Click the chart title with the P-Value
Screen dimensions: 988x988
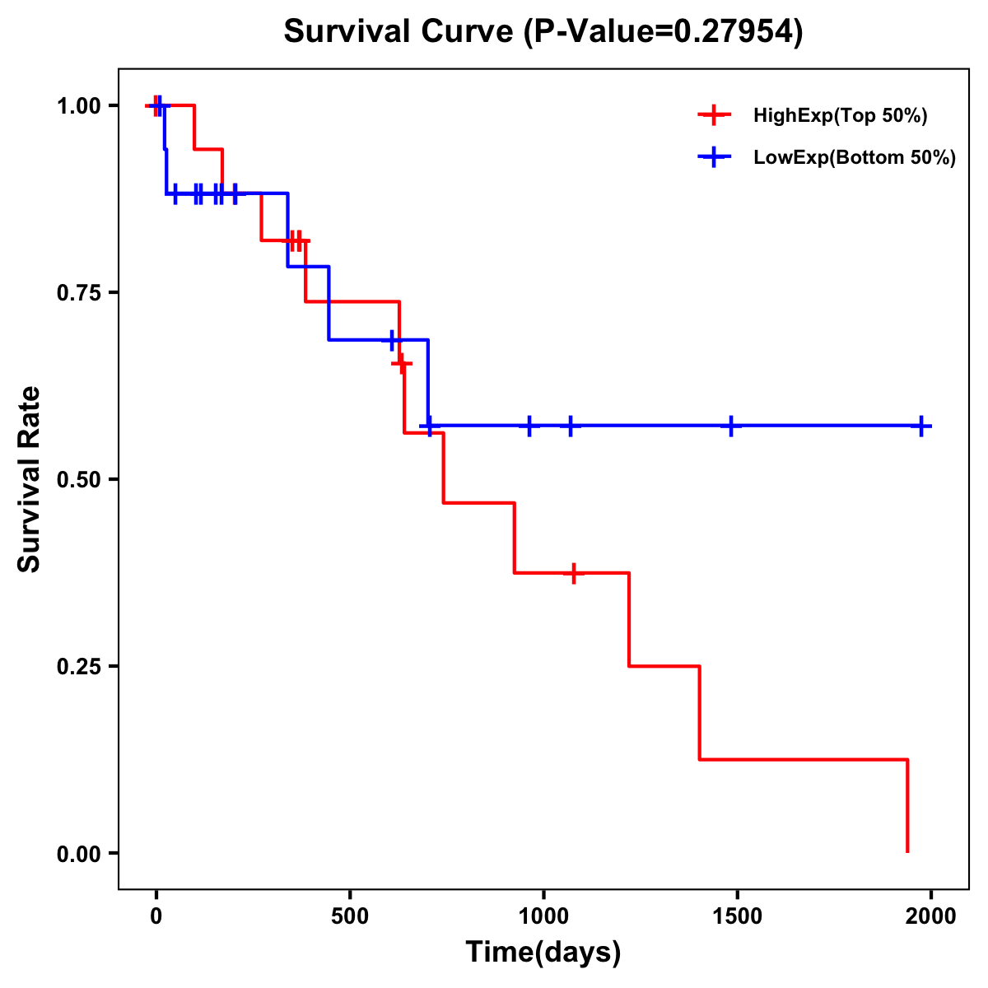543,31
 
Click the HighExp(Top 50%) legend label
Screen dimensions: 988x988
840,116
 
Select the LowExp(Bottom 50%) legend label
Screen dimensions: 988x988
855,158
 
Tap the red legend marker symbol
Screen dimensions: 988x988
714,115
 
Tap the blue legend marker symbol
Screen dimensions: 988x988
714,157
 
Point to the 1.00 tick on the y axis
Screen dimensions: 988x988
77,105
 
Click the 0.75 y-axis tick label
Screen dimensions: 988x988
77,292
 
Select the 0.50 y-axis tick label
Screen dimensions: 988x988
77,479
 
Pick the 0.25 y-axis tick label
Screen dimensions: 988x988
77,666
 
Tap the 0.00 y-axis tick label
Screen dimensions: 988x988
77,853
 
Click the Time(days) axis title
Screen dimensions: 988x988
543,953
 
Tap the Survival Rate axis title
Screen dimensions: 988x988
30,479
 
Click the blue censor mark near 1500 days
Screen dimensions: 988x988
730,426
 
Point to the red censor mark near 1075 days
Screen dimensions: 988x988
573,573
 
